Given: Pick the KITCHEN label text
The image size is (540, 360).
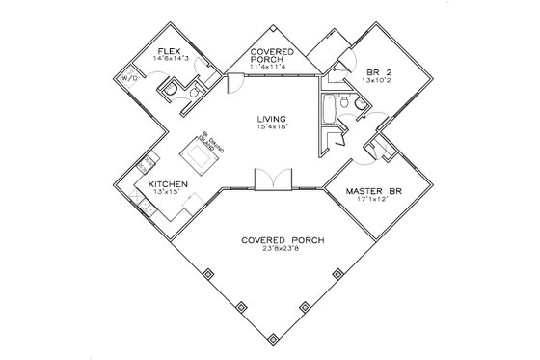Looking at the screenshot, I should (x=168, y=183).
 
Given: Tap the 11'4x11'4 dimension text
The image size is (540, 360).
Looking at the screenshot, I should (x=273, y=65).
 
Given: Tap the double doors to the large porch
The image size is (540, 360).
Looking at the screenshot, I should (x=268, y=182).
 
